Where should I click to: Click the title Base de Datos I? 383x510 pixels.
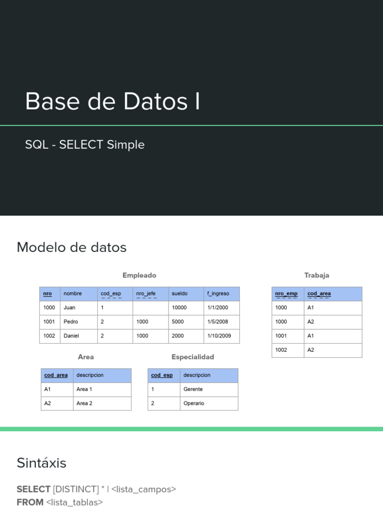click(113, 101)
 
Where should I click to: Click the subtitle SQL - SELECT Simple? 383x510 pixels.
click(85, 145)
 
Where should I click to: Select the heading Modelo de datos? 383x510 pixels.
click(72, 248)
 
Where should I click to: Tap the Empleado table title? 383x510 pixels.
click(139, 275)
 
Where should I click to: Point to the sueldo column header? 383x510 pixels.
click(180, 294)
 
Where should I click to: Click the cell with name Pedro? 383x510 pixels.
click(71, 322)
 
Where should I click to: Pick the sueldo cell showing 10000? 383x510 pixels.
click(179, 308)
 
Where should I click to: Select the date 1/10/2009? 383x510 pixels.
click(219, 336)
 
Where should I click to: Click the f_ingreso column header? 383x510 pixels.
click(218, 294)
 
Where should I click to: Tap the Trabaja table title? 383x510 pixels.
click(317, 275)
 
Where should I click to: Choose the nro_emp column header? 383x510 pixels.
click(286, 294)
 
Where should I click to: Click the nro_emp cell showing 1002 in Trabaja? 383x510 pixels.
click(281, 350)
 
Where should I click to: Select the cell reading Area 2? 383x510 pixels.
click(84, 403)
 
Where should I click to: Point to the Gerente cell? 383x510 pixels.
click(193, 389)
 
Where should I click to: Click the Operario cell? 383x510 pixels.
click(193, 403)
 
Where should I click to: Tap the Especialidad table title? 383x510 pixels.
click(192, 357)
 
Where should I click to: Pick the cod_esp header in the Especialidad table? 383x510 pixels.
click(162, 376)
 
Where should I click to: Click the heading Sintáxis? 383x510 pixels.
click(41, 463)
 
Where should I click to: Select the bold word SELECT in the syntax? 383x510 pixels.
click(33, 490)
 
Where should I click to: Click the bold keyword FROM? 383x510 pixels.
click(30, 503)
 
